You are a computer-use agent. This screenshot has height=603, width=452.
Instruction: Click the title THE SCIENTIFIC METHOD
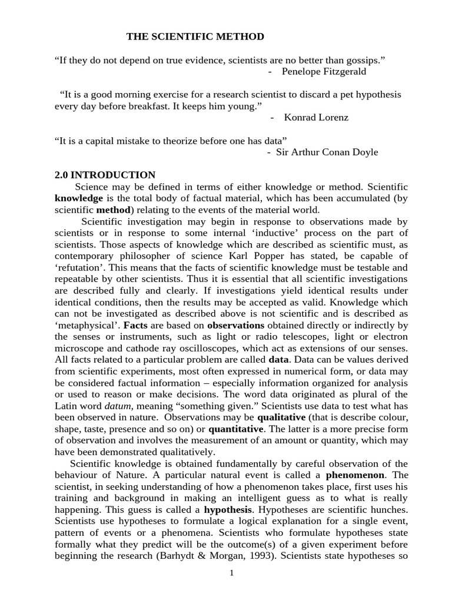pyautogui.click(x=195, y=37)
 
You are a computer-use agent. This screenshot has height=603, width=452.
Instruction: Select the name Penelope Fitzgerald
pyautogui.click(x=324, y=71)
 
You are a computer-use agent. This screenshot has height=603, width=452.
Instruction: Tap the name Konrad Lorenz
pyautogui.click(x=316, y=117)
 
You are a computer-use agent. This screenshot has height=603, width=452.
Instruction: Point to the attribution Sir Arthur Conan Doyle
pyautogui.click(x=327, y=152)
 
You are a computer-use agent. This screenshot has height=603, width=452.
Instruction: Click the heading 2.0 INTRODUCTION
pyautogui.click(x=105, y=175)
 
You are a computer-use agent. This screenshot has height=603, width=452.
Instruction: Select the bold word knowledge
pyautogui.click(x=79, y=198)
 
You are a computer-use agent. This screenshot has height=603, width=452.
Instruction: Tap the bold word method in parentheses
pyautogui.click(x=112, y=210)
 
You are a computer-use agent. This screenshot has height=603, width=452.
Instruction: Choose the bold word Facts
pyautogui.click(x=135, y=325)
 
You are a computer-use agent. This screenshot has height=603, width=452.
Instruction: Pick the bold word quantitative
pyautogui.click(x=235, y=429)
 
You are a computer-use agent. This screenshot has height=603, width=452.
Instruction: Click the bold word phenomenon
pyautogui.click(x=355, y=475)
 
